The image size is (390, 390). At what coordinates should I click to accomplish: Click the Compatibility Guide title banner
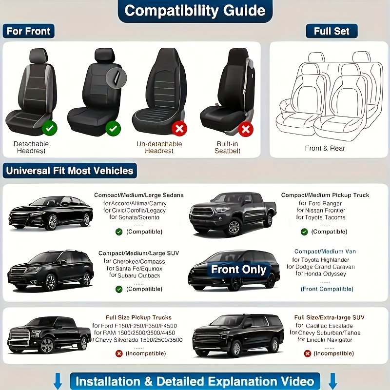point(195,11)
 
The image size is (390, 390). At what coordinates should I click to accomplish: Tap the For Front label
point(28,31)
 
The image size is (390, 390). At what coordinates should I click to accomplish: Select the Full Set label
point(331,31)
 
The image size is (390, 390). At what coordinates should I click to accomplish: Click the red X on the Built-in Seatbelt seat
point(245,129)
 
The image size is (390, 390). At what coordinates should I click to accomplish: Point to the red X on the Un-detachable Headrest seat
point(180,129)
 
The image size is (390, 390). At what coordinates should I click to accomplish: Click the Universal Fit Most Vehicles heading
point(69,171)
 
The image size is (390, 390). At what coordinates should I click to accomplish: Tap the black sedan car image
point(51,213)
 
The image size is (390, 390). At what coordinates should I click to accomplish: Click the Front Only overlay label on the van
point(238,270)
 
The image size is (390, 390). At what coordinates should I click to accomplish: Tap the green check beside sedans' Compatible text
point(119,232)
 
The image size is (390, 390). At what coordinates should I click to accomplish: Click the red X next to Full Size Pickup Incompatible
point(119,353)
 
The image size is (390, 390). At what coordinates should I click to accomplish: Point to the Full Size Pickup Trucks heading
point(138,317)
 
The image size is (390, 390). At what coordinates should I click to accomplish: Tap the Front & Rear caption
point(325,148)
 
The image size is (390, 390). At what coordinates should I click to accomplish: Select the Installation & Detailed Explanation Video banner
point(195,381)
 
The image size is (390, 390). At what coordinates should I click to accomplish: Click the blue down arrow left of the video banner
point(58,381)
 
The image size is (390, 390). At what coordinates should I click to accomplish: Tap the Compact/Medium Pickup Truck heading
point(325,195)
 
